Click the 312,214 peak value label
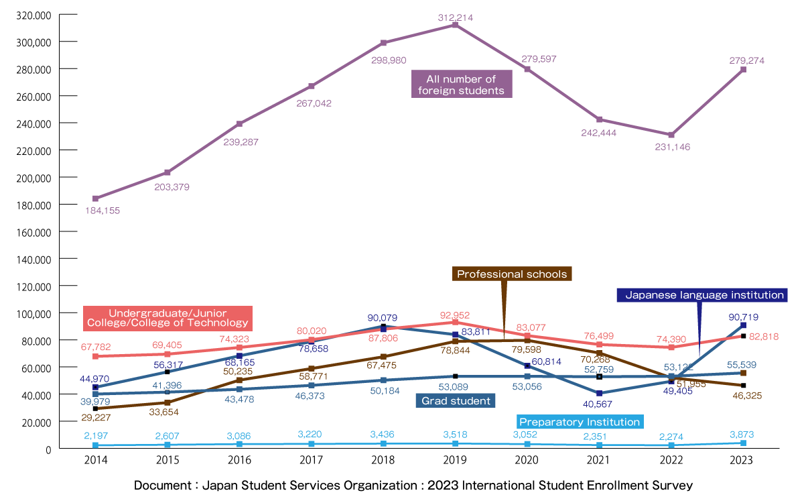pyautogui.click(x=456, y=17)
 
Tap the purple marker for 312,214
pyautogui.click(x=456, y=25)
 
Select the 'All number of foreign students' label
pyautogui.click(x=461, y=85)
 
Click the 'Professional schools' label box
pyautogui.click(x=512, y=274)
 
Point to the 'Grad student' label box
pyautogui.click(x=456, y=401)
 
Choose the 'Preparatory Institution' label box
pyautogui.click(x=580, y=422)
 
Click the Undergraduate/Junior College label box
pyautogui.click(x=167, y=318)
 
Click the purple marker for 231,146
pyautogui.click(x=671, y=135)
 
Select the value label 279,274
pyautogui.click(x=746, y=60)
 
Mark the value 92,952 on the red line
pyautogui.click(x=456, y=315)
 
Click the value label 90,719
pyautogui.click(x=748, y=317)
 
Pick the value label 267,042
pyautogui.click(x=314, y=103)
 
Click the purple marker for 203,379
pyautogui.click(x=167, y=173)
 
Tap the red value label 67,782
pyautogui.click(x=95, y=347)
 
